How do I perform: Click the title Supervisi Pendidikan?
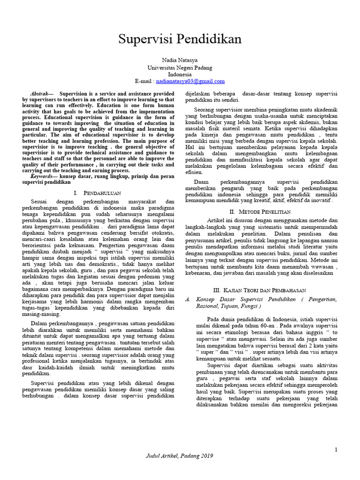tap(180, 39)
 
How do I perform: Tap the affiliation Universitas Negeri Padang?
tap(180, 68)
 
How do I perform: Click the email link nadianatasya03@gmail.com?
tap(189, 81)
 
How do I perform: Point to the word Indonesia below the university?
tap(180, 75)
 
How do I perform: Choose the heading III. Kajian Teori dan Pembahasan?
tap(260, 291)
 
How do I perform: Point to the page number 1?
tap(336, 450)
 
